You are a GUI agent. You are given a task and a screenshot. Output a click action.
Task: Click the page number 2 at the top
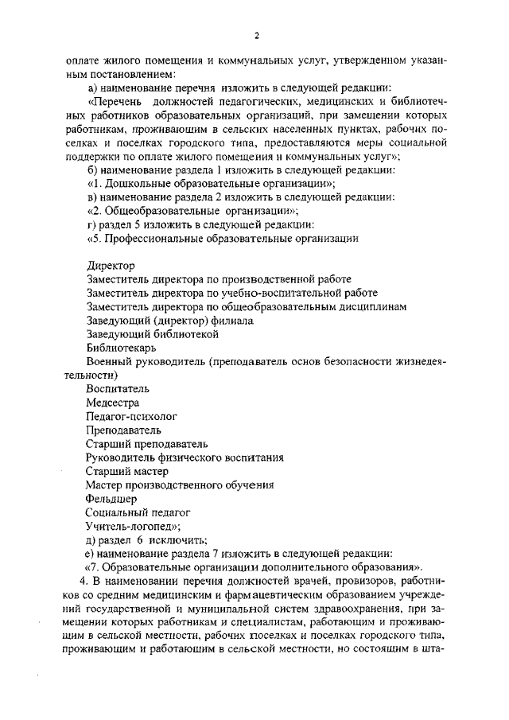pyautogui.click(x=257, y=35)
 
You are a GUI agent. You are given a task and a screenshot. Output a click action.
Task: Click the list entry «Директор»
pyautogui.click(x=111, y=265)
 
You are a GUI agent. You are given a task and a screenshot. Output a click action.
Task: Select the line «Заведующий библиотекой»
pyautogui.click(x=152, y=334)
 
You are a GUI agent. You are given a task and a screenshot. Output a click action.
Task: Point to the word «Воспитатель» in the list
pyautogui.click(x=119, y=389)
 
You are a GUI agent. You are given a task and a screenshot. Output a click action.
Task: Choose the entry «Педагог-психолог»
pyautogui.click(x=132, y=416)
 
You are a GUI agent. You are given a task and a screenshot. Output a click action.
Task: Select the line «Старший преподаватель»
pyautogui.click(x=147, y=444)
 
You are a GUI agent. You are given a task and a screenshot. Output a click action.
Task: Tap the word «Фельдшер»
pyautogui.click(x=115, y=499)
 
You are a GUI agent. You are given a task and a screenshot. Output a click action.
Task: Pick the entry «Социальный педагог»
pyautogui.click(x=138, y=512)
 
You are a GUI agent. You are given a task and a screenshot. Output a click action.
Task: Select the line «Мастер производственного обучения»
pyautogui.click(x=181, y=485)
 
